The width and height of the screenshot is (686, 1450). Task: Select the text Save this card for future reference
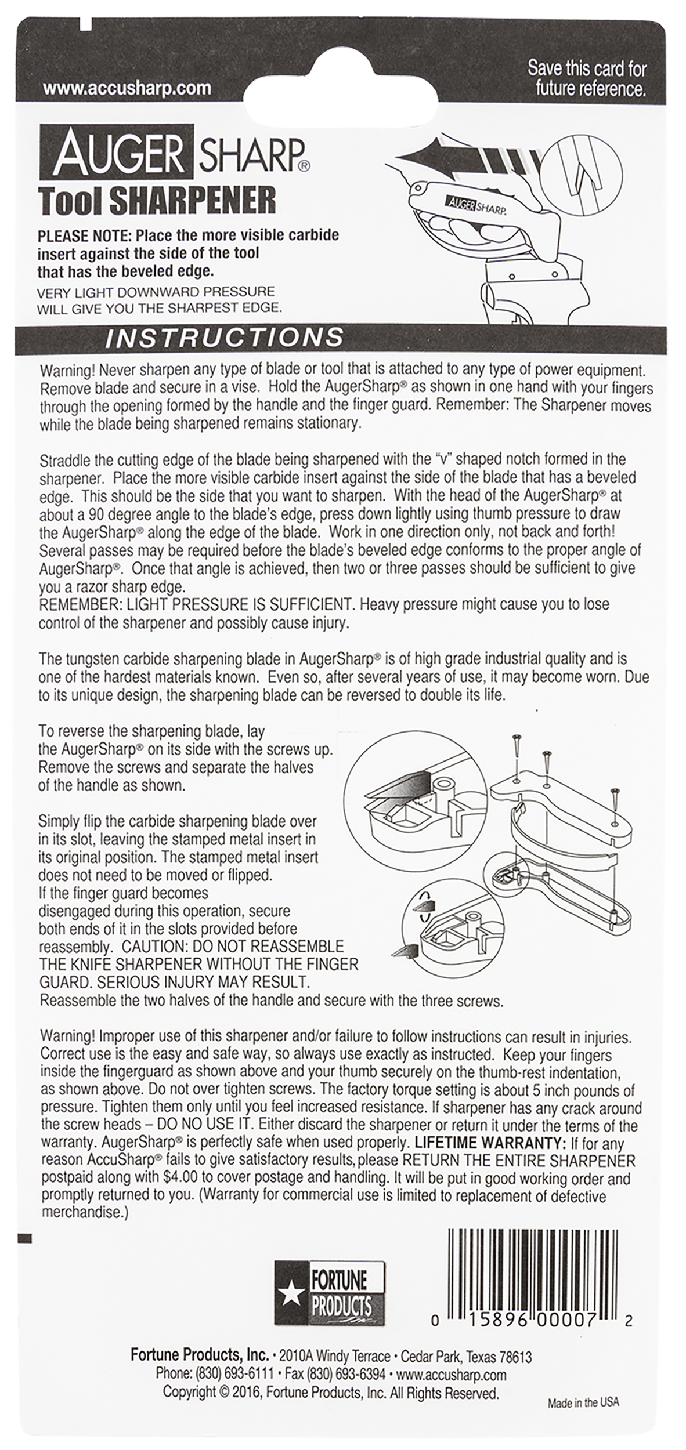587,78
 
